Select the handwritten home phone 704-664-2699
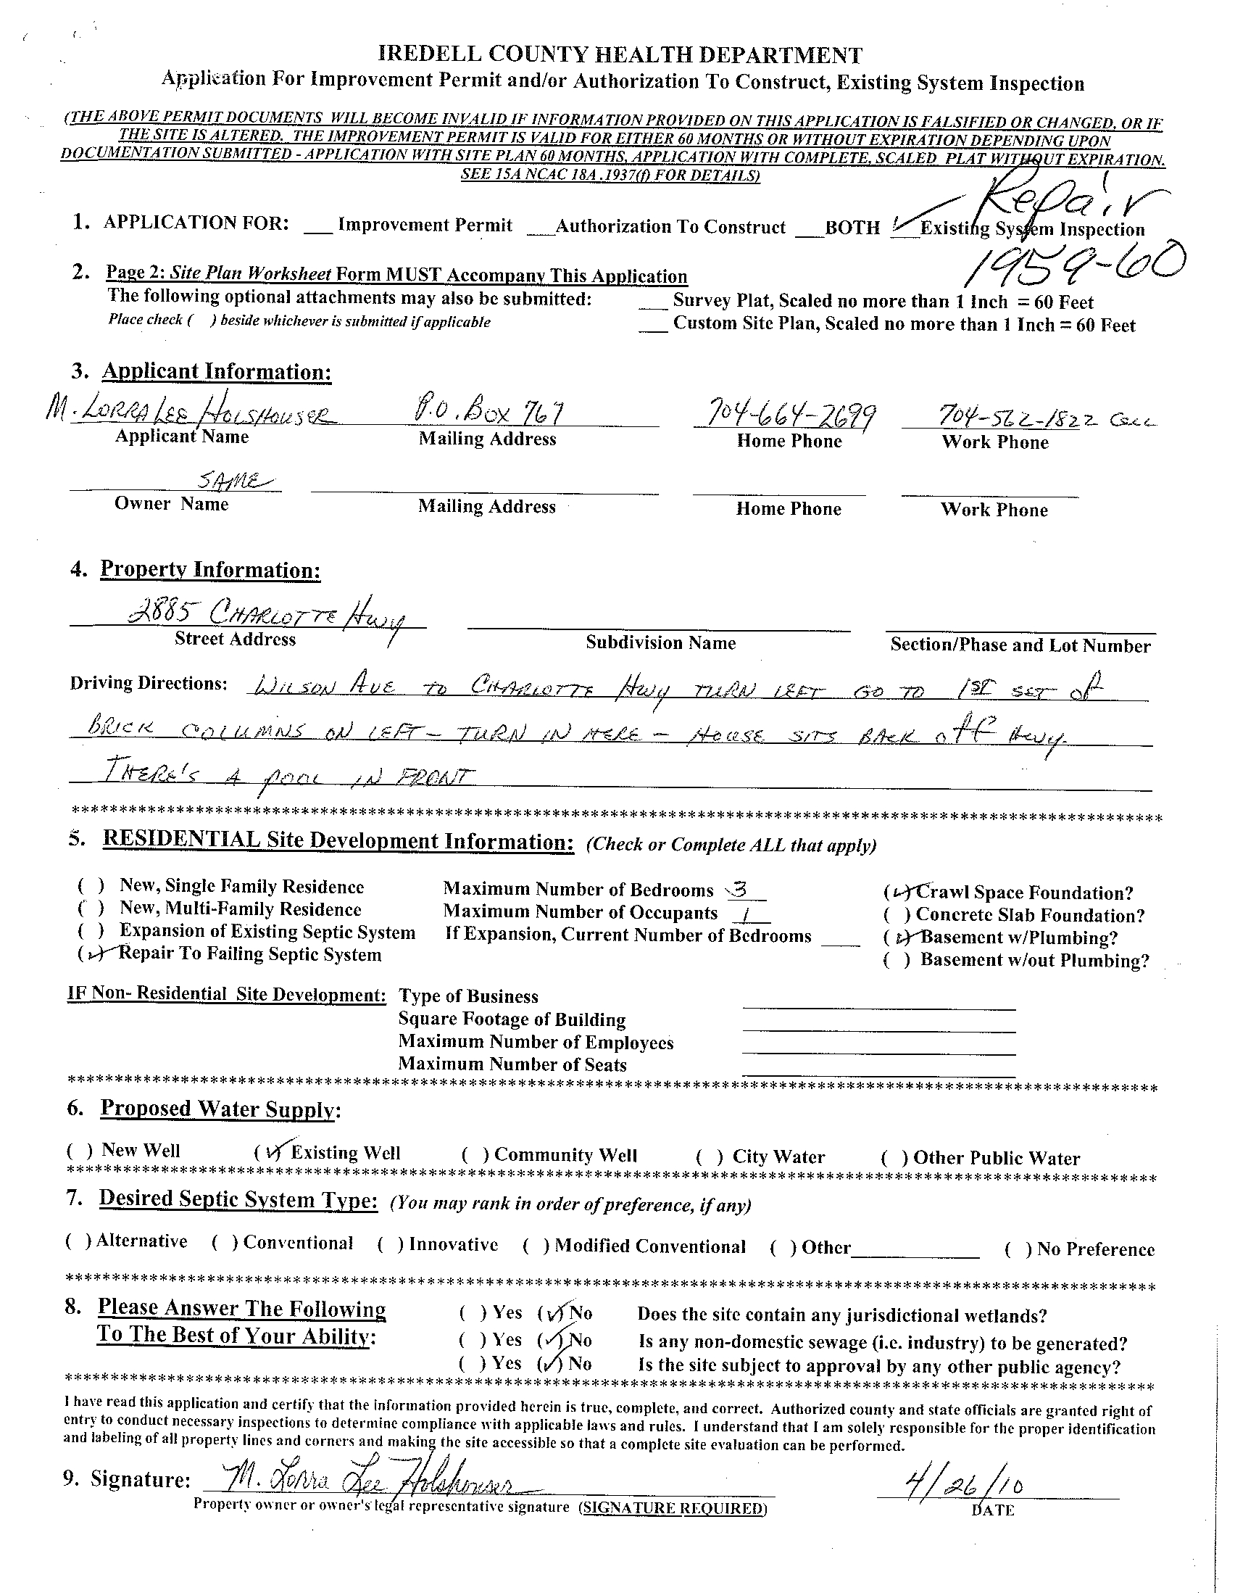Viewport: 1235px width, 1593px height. pos(784,415)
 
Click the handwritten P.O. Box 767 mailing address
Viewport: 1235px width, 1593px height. pos(488,414)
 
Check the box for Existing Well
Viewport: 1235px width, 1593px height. pos(270,1151)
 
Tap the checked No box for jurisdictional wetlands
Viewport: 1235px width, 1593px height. pos(553,1314)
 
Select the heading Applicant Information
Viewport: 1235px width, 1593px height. pos(217,372)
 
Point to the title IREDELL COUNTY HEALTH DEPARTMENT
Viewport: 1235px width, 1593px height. pos(620,55)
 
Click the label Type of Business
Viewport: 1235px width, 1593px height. pos(468,996)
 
